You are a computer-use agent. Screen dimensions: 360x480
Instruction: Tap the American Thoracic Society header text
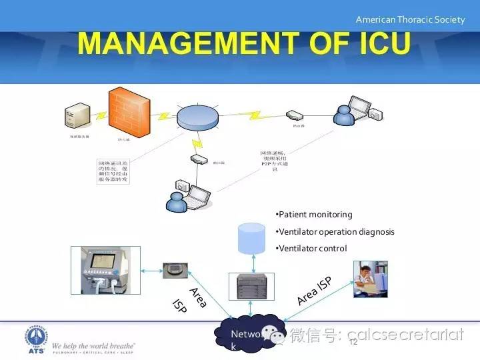click(x=410, y=19)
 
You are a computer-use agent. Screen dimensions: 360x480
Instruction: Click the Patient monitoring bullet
click(x=314, y=215)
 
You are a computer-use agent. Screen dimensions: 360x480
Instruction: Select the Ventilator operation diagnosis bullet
click(x=335, y=231)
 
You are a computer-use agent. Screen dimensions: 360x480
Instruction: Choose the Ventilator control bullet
click(x=311, y=248)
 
